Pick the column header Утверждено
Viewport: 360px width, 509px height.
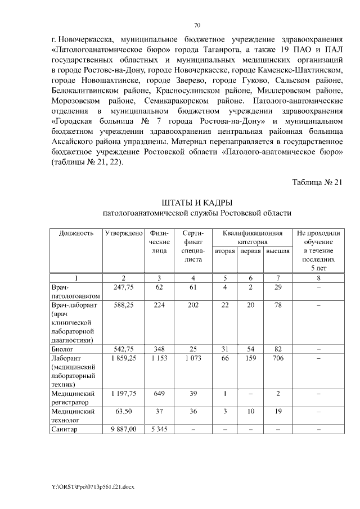click(123, 233)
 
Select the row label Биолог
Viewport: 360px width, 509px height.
click(62, 349)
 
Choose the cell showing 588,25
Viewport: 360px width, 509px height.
click(123, 305)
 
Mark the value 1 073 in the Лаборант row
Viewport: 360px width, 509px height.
click(193, 358)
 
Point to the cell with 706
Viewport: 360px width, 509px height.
click(278, 358)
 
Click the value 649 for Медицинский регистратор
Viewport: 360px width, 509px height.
click(159, 394)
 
